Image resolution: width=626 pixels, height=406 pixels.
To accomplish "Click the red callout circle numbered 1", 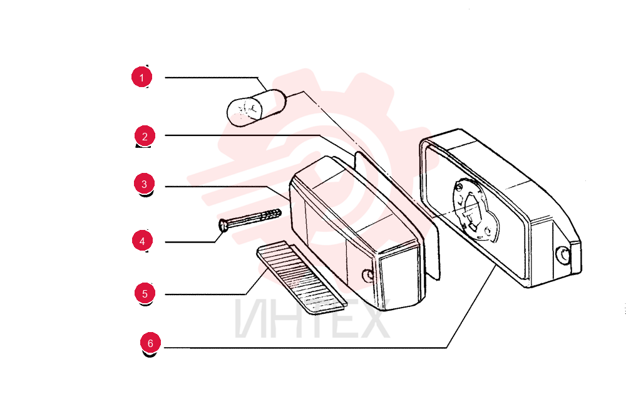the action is coord(141,77).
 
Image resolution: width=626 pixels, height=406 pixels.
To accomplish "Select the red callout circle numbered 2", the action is coord(145,136).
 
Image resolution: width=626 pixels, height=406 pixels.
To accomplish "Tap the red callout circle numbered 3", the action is coord(144,184).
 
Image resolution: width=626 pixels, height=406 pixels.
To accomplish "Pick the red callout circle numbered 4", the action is coord(142,241).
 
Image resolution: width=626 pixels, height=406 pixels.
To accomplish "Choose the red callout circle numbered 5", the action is coord(145,293).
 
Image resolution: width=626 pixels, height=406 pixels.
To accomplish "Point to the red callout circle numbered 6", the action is coord(150,343).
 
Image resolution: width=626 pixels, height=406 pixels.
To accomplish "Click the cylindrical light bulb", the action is coord(256,108).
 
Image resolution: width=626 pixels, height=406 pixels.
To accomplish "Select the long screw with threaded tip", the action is coord(250,219).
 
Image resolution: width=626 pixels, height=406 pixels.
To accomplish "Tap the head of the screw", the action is coord(223,226).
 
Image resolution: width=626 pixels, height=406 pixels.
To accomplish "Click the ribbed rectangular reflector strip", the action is coord(302,278).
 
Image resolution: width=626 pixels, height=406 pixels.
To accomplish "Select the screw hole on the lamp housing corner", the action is coord(563,254).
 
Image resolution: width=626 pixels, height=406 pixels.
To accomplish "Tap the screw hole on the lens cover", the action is coord(367,274).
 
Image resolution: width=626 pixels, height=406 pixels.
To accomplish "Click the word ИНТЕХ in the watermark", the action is coord(312,319).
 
